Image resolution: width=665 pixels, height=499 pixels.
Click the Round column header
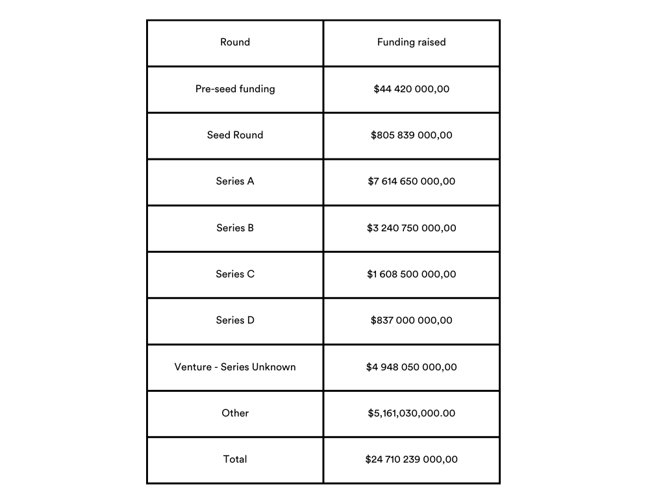(235, 42)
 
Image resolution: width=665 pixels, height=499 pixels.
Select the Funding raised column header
(411, 42)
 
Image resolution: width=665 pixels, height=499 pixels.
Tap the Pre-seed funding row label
(235, 89)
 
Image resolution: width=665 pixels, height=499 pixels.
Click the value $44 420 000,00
(411, 89)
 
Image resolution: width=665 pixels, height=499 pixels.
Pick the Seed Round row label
(235, 135)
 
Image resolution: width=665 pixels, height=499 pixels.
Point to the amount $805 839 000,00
(411, 135)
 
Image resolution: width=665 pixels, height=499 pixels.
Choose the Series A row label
(235, 181)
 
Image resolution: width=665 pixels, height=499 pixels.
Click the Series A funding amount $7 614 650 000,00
(411, 181)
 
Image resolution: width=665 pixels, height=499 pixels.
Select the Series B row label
(235, 228)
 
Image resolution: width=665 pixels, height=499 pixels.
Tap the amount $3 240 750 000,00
(411, 228)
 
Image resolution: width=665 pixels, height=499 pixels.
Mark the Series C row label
(235, 274)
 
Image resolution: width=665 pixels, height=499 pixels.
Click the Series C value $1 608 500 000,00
(411, 274)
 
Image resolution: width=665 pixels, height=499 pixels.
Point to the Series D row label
(235, 320)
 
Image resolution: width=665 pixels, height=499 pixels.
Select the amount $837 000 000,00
(411, 320)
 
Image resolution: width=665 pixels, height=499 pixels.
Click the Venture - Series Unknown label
(235, 367)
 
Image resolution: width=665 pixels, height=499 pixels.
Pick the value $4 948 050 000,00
(411, 367)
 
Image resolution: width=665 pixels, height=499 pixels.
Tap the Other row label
(235, 413)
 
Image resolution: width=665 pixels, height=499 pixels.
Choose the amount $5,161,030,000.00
(411, 413)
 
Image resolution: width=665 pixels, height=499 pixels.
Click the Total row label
(235, 459)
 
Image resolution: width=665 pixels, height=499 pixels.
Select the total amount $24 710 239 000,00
(411, 459)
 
